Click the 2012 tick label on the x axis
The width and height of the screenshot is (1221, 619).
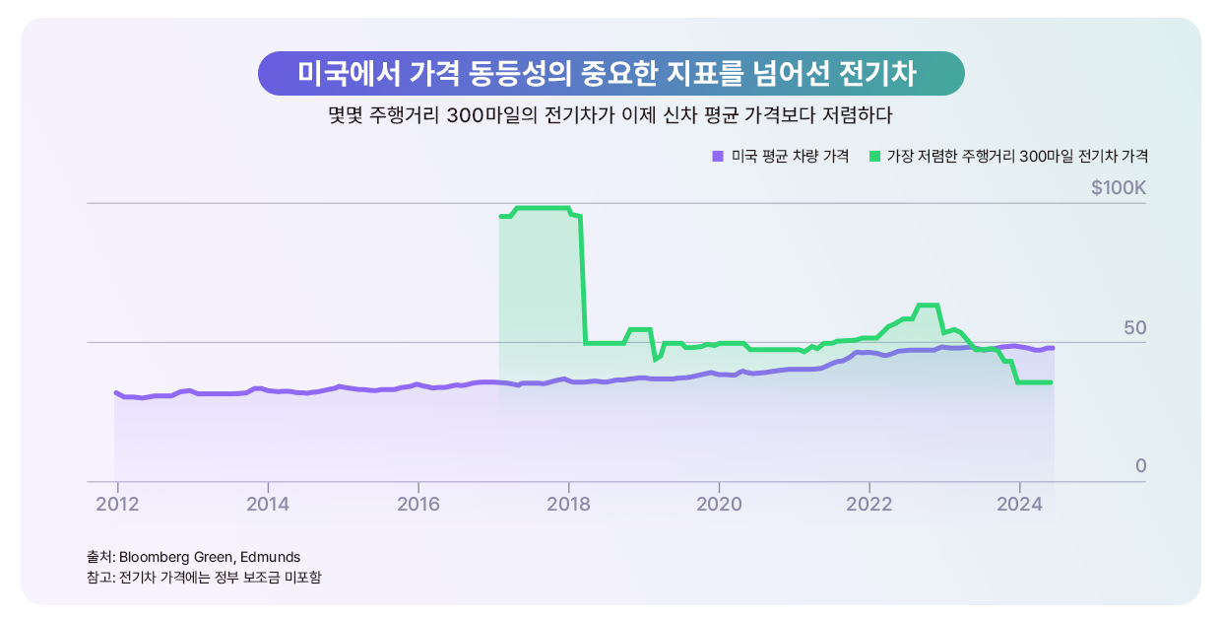point(116,503)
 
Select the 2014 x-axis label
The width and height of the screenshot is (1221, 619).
point(267,503)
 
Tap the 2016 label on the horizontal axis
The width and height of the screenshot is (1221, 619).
point(418,503)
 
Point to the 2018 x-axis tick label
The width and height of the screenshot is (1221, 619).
point(568,503)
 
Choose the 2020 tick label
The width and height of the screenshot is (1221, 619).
point(719,503)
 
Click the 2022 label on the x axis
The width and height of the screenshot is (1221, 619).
point(868,503)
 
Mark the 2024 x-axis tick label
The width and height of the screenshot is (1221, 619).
point(1019,503)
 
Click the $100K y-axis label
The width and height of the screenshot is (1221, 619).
point(1119,187)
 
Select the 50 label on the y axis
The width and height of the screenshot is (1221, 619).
point(1135,327)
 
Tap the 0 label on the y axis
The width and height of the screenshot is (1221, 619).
point(1140,465)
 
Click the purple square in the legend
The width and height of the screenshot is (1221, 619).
point(717,156)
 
